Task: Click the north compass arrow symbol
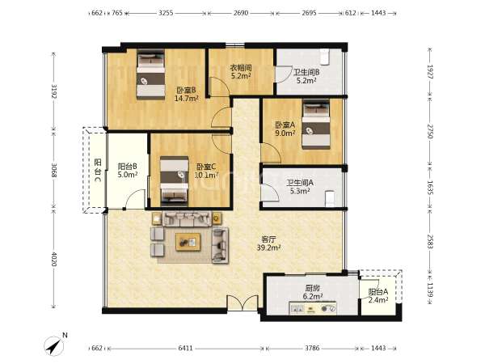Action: pyautogui.click(x=54, y=345)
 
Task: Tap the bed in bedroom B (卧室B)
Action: pyautogui.click(x=150, y=75)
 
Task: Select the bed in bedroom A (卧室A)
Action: pyautogui.click(x=316, y=124)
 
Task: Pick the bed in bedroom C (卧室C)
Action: pyautogui.click(x=175, y=181)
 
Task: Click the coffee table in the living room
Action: pyautogui.click(x=188, y=242)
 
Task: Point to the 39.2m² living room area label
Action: pyautogui.click(x=269, y=248)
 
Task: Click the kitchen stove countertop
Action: pyautogui.click(x=313, y=308)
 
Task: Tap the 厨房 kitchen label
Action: pyautogui.click(x=312, y=289)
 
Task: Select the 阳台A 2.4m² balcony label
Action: pyautogui.click(x=378, y=296)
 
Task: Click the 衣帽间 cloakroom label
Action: pyautogui.click(x=241, y=67)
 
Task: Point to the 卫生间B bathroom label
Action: pyautogui.click(x=306, y=73)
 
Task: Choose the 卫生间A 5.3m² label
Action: pyautogui.click(x=300, y=187)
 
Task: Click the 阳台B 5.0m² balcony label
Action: pyautogui.click(x=128, y=171)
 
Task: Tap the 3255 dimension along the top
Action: pyautogui.click(x=166, y=13)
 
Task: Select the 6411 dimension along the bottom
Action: pyautogui.click(x=186, y=348)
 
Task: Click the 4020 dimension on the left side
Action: pyautogui.click(x=54, y=259)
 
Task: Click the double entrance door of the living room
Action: pyautogui.click(x=242, y=303)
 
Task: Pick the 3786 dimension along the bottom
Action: pyautogui.click(x=312, y=348)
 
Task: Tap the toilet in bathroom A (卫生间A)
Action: pyautogui.click(x=330, y=198)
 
